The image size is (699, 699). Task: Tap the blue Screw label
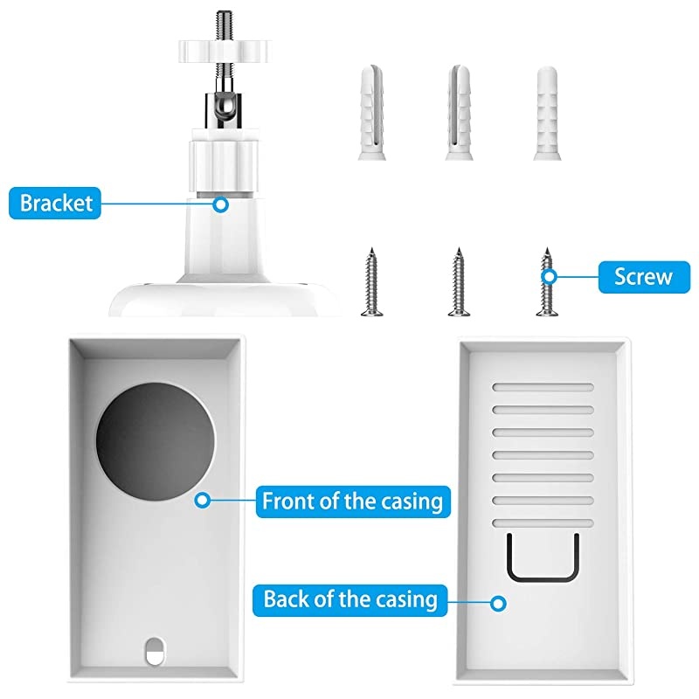(642, 277)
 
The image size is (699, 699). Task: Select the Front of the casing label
(352, 502)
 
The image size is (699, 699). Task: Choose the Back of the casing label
(349, 599)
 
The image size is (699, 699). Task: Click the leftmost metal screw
(369, 282)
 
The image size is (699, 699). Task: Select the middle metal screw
(456, 282)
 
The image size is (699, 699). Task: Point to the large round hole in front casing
(156, 436)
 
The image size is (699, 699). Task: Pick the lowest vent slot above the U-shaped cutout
(543, 522)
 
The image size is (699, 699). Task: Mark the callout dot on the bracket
(221, 204)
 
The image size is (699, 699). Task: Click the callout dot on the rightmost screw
(550, 277)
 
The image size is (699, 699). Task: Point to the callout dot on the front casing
(204, 502)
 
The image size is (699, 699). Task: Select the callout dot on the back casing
(499, 602)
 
